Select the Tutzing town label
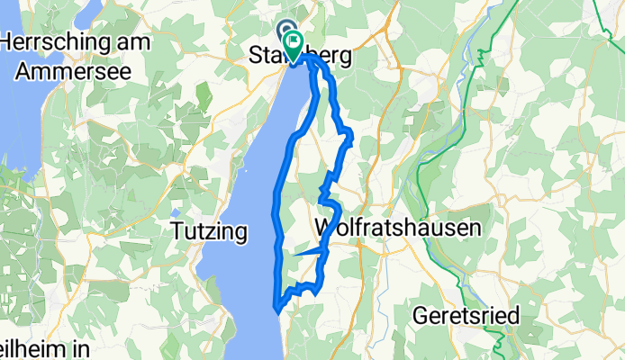click(x=209, y=232)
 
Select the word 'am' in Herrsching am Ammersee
click(x=128, y=42)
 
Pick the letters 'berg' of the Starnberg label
click(x=330, y=57)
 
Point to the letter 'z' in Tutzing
click(x=204, y=232)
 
